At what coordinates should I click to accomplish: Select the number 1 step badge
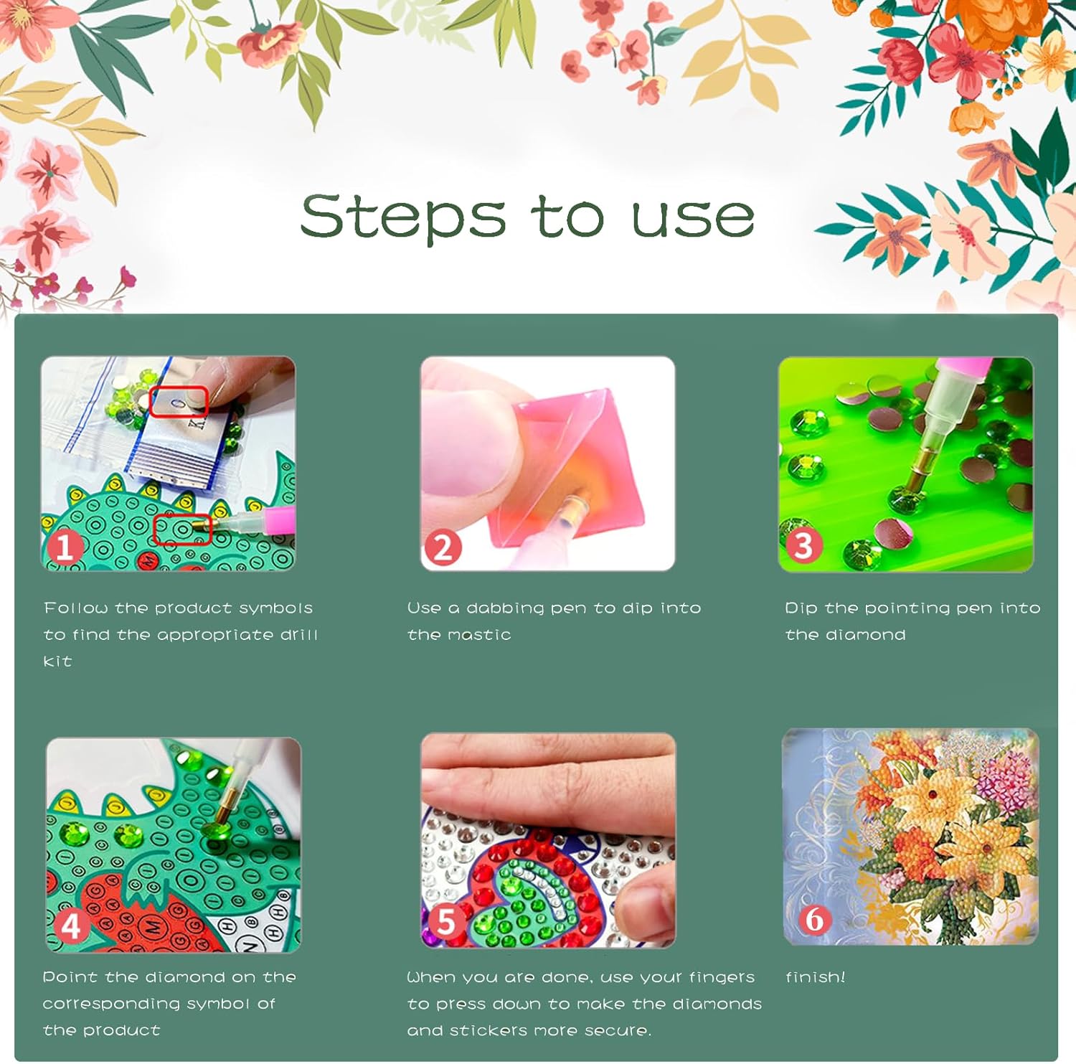click(x=64, y=547)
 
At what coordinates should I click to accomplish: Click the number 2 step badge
click(x=443, y=547)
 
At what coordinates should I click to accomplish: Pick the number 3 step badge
click(x=803, y=545)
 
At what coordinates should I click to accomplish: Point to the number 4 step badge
click(x=70, y=926)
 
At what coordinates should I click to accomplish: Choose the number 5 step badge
click(x=445, y=921)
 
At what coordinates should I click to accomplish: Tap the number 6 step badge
click(x=814, y=919)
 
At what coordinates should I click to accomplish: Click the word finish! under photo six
click(x=816, y=976)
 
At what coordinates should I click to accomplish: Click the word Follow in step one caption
click(x=75, y=608)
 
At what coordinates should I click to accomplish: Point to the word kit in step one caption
click(x=57, y=661)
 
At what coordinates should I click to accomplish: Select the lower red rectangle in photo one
click(x=183, y=529)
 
